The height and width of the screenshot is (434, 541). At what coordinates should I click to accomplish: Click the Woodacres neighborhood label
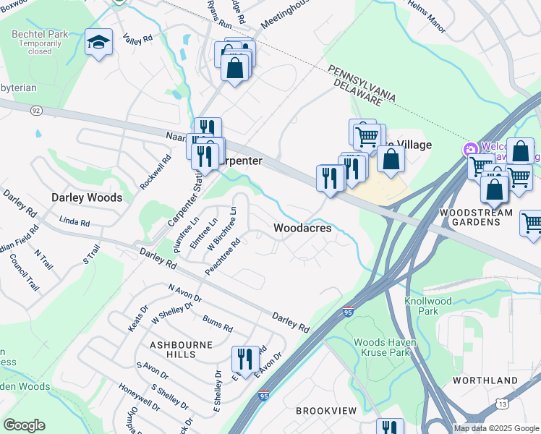(302, 228)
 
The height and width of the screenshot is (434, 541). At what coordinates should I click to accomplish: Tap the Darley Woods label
(86, 197)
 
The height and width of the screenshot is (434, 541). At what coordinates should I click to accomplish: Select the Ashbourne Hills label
(181, 349)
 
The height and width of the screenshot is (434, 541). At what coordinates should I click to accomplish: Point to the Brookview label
(325, 411)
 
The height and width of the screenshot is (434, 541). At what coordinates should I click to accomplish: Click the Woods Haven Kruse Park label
(381, 347)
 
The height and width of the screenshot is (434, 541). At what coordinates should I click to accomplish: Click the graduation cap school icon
(98, 42)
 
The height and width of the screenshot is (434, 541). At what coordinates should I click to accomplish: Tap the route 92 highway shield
(37, 111)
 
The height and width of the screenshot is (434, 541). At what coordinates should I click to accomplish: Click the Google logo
(24, 425)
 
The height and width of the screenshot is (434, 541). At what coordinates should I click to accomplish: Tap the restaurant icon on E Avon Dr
(245, 358)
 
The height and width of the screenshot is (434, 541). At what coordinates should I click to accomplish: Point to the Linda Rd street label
(74, 222)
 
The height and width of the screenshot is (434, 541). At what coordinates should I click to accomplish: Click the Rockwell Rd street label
(156, 173)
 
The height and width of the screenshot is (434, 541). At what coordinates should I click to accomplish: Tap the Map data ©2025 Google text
(495, 428)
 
